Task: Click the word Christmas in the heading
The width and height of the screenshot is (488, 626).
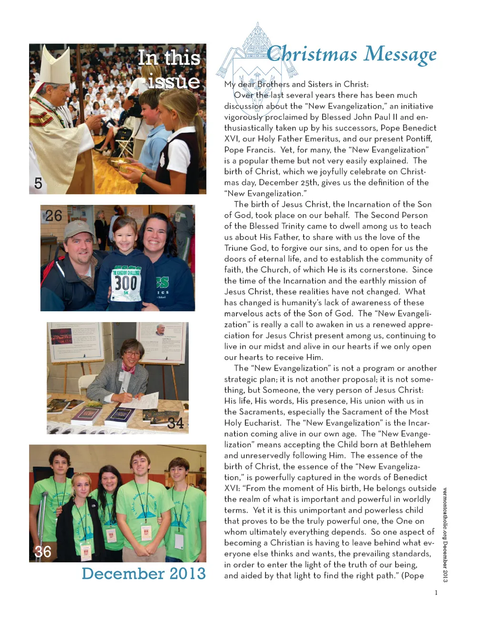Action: (312, 54)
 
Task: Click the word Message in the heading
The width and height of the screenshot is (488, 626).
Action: (400, 54)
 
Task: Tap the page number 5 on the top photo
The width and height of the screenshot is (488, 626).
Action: (38, 183)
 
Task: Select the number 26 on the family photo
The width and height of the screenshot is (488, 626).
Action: (53, 216)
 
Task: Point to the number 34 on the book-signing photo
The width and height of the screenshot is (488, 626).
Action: (175, 423)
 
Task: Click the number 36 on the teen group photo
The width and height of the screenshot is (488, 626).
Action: (42, 552)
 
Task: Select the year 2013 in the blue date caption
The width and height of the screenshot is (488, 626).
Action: (184, 573)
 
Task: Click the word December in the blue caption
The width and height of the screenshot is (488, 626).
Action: (119, 573)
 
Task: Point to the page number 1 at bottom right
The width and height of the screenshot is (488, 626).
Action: (436, 593)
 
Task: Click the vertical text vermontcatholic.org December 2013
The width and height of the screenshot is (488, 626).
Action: (445, 534)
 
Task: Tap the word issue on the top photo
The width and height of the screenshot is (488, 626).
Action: (173, 81)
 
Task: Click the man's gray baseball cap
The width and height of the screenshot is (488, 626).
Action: (78, 229)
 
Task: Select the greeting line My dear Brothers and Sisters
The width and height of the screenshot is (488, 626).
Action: (296, 84)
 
